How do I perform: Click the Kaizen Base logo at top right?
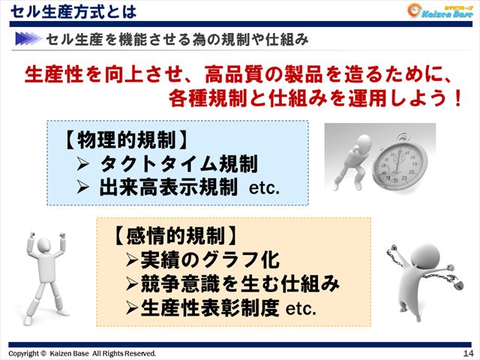click(439, 11)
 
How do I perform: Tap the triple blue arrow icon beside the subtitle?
click(28, 37)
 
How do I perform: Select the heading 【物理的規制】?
click(123, 139)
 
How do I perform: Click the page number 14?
click(468, 353)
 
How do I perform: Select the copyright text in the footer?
click(82, 353)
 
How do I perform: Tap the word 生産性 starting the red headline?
click(49, 75)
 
